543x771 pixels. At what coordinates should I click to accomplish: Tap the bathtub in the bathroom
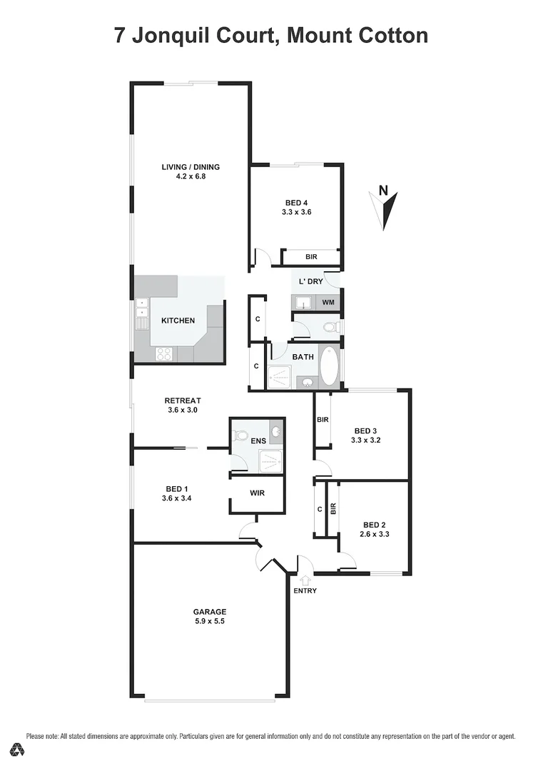(330, 366)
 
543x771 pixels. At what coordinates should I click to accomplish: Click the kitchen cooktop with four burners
(163, 353)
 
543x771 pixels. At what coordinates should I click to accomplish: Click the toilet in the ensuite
(241, 435)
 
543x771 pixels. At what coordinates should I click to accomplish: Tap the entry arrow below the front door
(305, 580)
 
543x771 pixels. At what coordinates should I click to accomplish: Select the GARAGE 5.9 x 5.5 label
(210, 616)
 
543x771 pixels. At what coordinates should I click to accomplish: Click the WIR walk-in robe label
(258, 493)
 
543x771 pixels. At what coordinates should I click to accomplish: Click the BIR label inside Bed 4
(311, 256)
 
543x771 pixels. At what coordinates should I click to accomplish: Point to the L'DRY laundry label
(311, 281)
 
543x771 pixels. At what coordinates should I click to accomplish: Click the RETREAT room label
(183, 400)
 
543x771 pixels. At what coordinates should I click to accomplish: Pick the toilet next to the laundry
(330, 328)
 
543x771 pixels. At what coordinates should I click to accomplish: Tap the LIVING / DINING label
(191, 167)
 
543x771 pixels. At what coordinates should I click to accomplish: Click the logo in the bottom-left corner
(18, 750)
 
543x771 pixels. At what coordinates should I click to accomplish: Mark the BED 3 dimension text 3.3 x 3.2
(366, 440)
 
